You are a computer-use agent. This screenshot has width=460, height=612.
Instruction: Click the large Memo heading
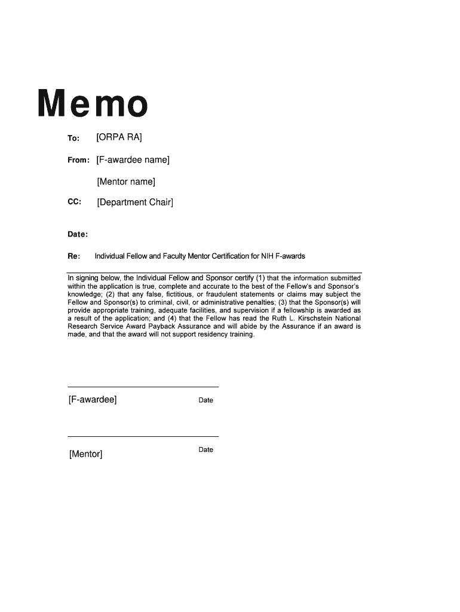(x=93, y=103)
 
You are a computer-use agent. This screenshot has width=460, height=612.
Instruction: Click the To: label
(x=73, y=139)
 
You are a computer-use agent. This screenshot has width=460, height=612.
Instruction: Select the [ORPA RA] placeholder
(x=119, y=137)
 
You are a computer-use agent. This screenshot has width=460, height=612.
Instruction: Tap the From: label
(x=78, y=160)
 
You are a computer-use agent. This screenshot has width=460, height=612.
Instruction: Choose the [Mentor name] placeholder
(x=126, y=181)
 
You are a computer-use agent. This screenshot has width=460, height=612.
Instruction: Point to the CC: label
(x=74, y=202)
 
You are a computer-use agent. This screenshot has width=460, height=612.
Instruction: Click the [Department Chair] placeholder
(x=135, y=202)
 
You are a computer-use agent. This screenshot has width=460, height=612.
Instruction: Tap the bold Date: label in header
(x=78, y=234)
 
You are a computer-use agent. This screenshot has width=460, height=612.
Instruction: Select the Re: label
(x=74, y=256)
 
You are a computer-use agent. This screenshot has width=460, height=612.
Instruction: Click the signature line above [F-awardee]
(x=143, y=387)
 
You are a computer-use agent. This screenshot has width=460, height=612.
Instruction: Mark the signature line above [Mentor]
(x=143, y=436)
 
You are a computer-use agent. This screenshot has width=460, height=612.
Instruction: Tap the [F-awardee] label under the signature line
(x=93, y=399)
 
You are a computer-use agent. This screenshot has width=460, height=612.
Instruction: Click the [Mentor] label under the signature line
(x=85, y=454)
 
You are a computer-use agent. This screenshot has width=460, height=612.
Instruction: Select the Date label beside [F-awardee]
(x=206, y=400)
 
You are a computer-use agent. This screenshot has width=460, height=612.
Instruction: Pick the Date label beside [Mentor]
(x=206, y=449)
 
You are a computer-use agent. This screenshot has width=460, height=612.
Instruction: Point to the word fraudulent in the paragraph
(x=220, y=295)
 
